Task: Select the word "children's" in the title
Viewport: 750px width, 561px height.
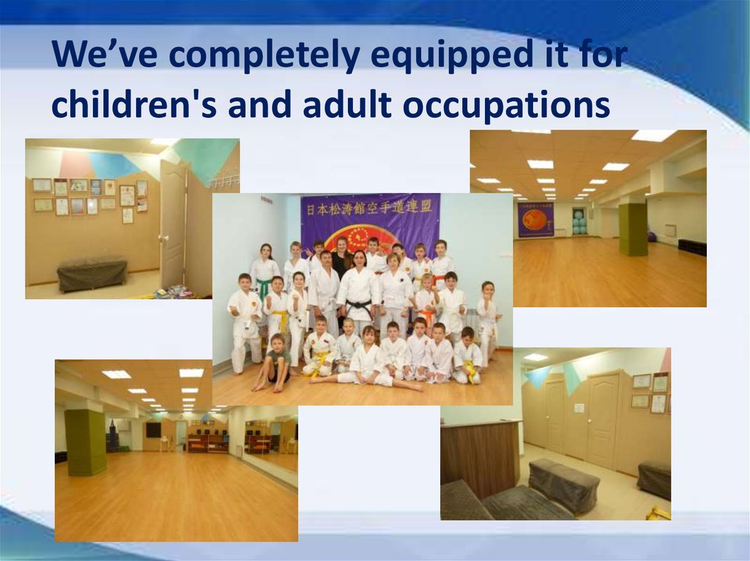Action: tap(135, 104)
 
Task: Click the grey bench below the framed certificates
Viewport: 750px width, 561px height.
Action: tap(92, 275)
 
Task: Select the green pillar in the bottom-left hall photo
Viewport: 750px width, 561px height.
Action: tap(86, 442)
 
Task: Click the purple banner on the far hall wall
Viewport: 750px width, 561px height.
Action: tap(535, 219)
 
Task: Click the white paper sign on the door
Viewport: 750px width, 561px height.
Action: tap(579, 407)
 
